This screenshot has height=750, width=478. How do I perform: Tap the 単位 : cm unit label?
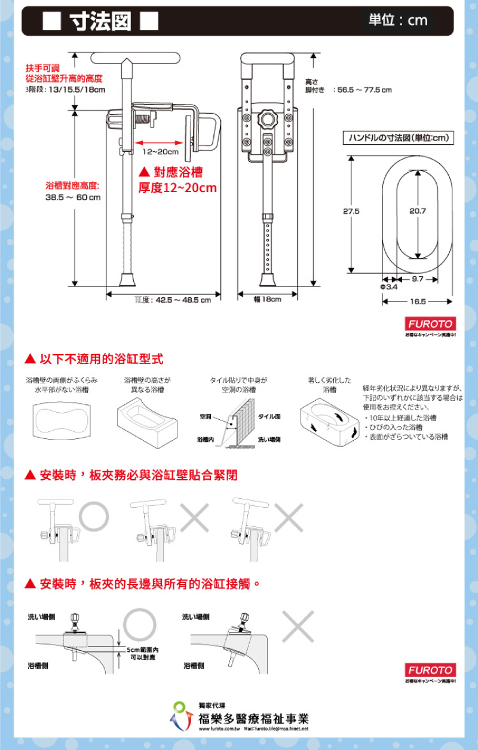(x=398, y=20)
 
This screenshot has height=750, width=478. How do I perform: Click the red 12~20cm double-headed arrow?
(x=158, y=142)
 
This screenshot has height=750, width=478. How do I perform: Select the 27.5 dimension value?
(x=351, y=211)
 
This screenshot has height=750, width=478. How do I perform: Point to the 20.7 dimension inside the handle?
(x=418, y=211)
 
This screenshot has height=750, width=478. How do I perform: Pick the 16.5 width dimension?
(x=418, y=301)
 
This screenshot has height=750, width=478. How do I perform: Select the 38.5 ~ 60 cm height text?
(x=73, y=197)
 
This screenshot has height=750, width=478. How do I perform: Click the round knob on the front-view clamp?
(x=267, y=118)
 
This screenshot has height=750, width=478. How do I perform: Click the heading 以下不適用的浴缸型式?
(x=101, y=359)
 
